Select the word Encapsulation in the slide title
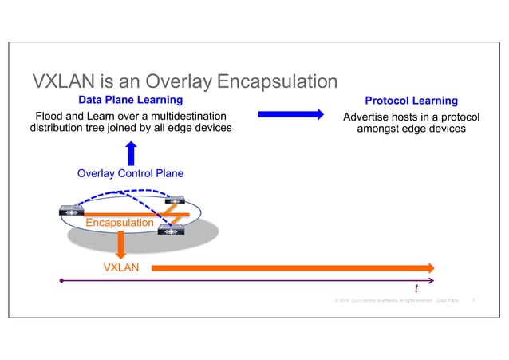pyautogui.click(x=277, y=81)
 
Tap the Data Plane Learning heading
pyautogui.click(x=130, y=101)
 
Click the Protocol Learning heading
pyautogui.click(x=411, y=101)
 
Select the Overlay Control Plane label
pyautogui.click(x=130, y=173)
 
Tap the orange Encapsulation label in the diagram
pyautogui.click(x=120, y=223)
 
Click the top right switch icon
pyautogui.click(x=176, y=200)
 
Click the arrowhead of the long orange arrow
pyautogui.click(x=430, y=267)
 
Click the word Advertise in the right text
pyautogui.click(x=366, y=117)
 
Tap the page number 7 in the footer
pyautogui.click(x=475, y=301)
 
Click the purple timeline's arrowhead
pyautogui.click(x=432, y=281)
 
